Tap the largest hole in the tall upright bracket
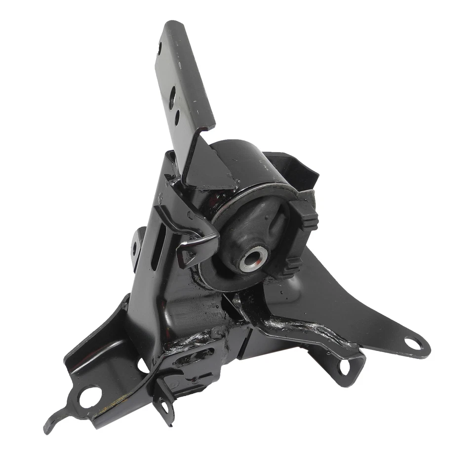click(172, 97)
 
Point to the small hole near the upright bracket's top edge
click(159, 48)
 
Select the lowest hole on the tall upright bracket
click(177, 118)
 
